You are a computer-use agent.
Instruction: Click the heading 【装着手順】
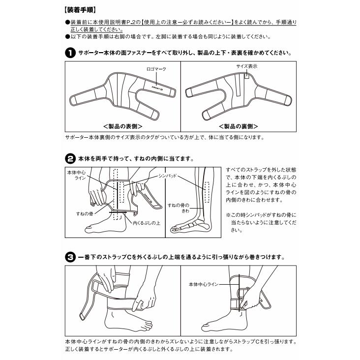pyautogui.click(x=80, y=10)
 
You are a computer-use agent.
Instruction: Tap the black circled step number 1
pyautogui.click(x=70, y=53)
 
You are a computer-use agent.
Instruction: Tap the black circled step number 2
pyautogui.click(x=70, y=159)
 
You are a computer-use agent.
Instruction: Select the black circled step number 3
pyautogui.click(x=70, y=257)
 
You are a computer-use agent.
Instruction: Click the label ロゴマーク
pyautogui.click(x=156, y=69)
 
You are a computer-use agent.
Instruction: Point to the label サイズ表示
pyautogui.click(x=247, y=66)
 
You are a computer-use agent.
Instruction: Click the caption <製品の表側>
pyautogui.click(x=122, y=126)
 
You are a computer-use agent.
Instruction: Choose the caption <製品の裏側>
pyautogui.click(x=239, y=126)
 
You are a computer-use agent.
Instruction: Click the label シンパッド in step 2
pyautogui.click(x=168, y=176)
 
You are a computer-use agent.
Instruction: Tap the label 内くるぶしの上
pyautogui.click(x=147, y=223)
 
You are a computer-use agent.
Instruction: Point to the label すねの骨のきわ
pyautogui.click(x=179, y=208)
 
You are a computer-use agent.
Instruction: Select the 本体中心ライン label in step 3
pyautogui.click(x=204, y=284)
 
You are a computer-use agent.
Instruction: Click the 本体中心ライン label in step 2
pyautogui.click(x=76, y=175)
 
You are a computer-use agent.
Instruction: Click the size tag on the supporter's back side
pyautogui.click(x=246, y=76)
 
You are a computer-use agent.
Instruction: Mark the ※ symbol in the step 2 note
pyautogui.click(x=228, y=215)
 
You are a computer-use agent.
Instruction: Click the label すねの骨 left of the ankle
pyautogui.click(x=85, y=214)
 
